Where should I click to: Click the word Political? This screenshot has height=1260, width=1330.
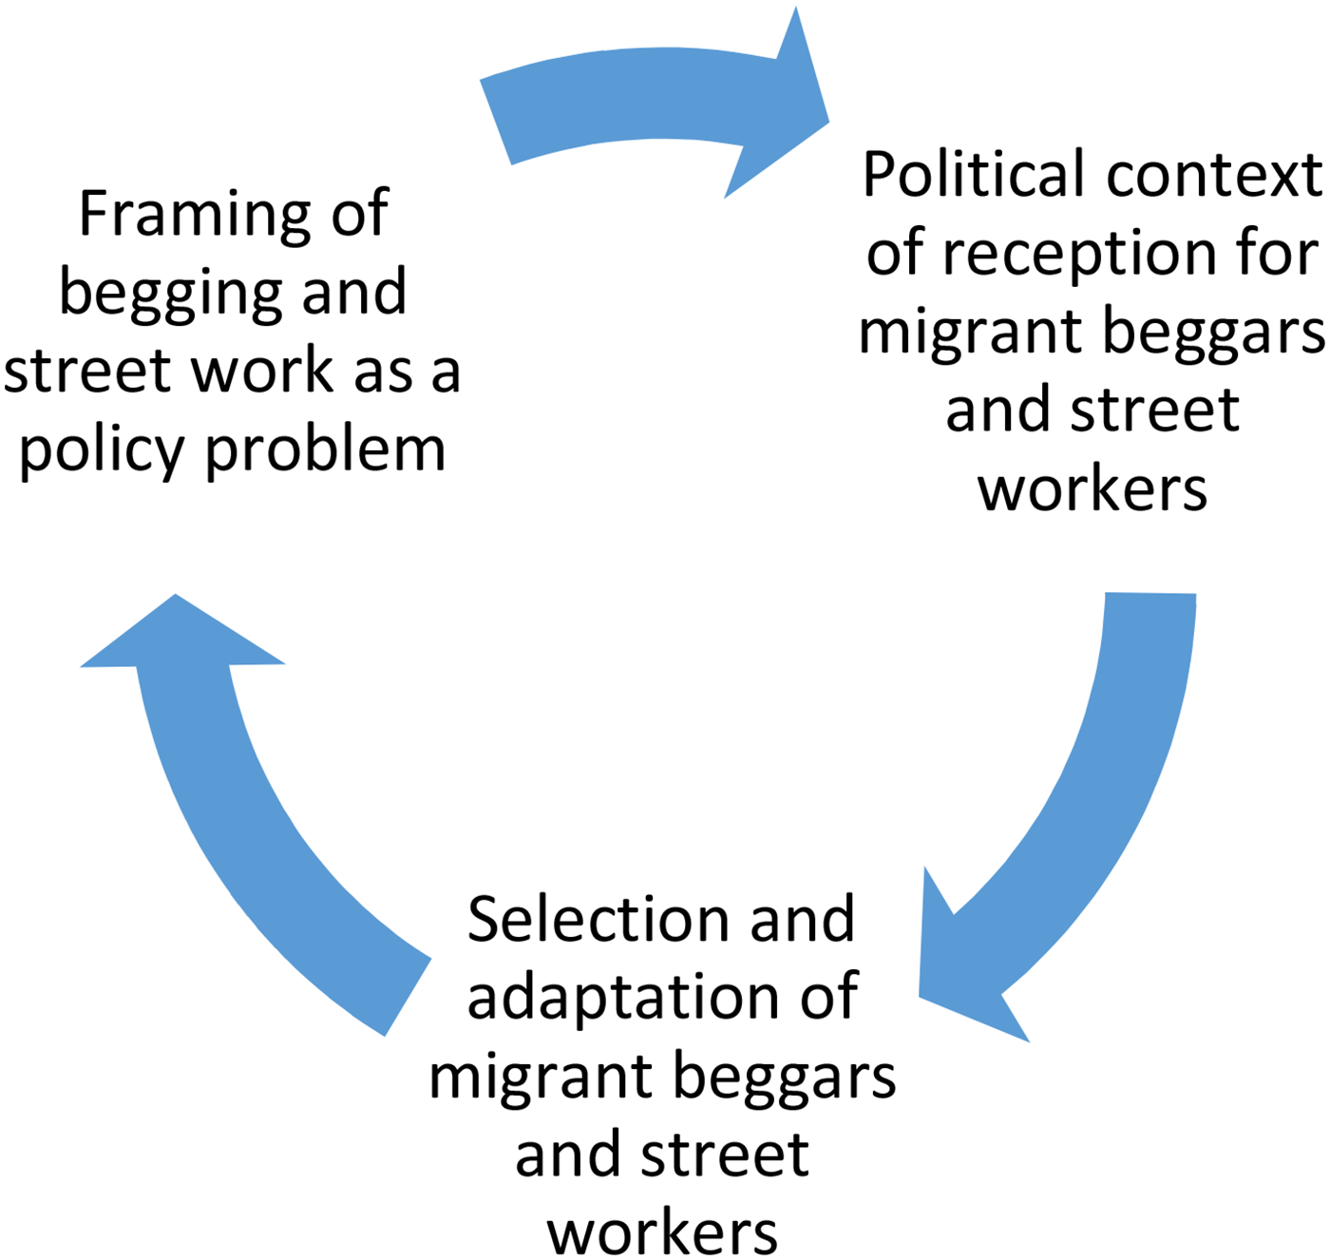click(974, 174)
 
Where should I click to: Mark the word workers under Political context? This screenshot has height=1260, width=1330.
click(1092, 490)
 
